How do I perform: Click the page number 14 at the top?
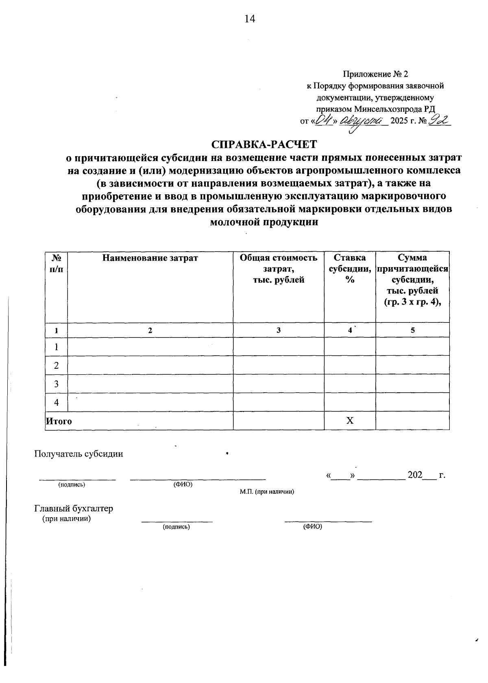(x=249, y=19)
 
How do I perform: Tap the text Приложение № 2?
(x=375, y=74)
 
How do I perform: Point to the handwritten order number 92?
(x=438, y=120)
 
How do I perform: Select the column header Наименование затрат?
(x=150, y=258)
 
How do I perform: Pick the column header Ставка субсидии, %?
(x=349, y=268)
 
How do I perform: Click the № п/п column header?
(x=56, y=263)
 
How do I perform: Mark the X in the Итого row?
(x=350, y=421)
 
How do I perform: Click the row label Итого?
(x=59, y=422)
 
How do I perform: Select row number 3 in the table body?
(x=56, y=384)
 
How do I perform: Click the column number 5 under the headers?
(x=412, y=331)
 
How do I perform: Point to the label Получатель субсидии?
(x=79, y=454)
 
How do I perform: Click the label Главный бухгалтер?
(x=74, y=509)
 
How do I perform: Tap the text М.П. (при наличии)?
(x=267, y=492)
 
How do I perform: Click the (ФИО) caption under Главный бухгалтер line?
(x=312, y=527)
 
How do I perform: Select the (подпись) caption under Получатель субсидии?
(x=72, y=485)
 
